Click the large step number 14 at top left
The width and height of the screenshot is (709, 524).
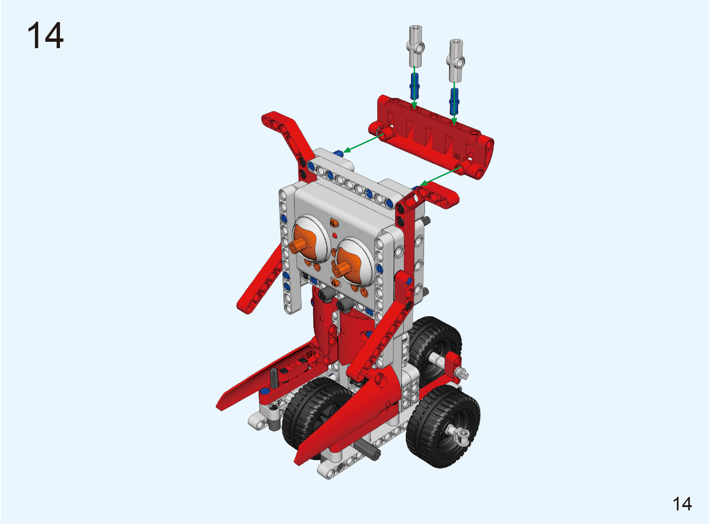pos(45,35)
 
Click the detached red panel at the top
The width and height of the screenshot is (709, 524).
pos(431,137)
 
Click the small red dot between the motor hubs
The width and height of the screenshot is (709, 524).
pos(335,235)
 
